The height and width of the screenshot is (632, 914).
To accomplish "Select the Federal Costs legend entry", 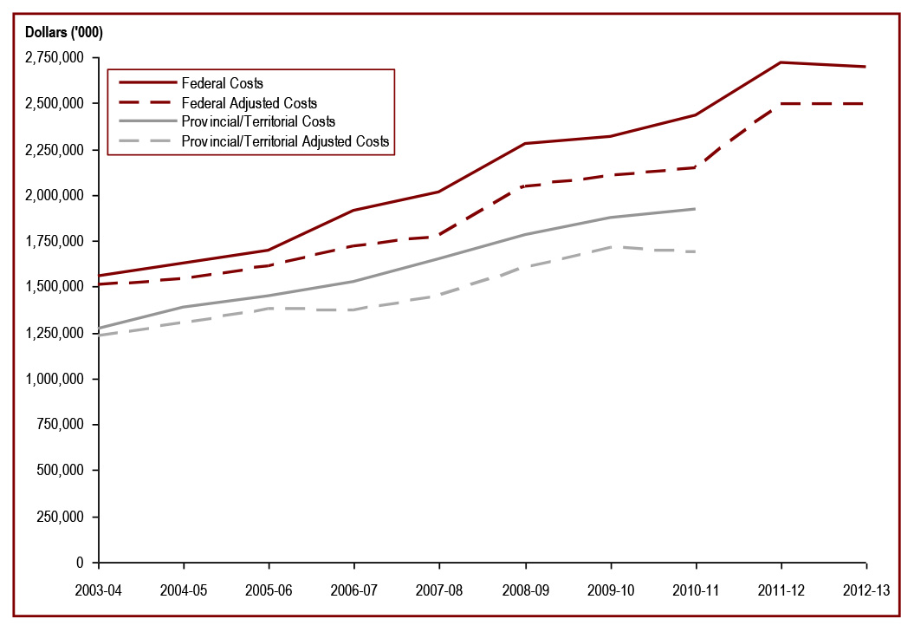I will click(222, 84).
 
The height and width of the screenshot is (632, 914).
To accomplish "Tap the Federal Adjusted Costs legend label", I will click(249, 103).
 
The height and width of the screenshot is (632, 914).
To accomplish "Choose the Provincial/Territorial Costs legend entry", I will click(258, 121).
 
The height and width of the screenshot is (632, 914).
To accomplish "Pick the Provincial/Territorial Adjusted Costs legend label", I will click(285, 140).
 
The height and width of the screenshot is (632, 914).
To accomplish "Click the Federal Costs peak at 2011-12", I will click(781, 62).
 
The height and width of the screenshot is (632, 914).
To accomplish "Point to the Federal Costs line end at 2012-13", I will click(866, 67).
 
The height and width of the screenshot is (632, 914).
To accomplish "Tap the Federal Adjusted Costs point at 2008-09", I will click(525, 186).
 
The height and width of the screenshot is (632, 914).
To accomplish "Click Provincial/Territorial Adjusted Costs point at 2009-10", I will click(611, 247).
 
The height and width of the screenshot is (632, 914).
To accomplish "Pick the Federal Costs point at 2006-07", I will click(354, 210).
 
